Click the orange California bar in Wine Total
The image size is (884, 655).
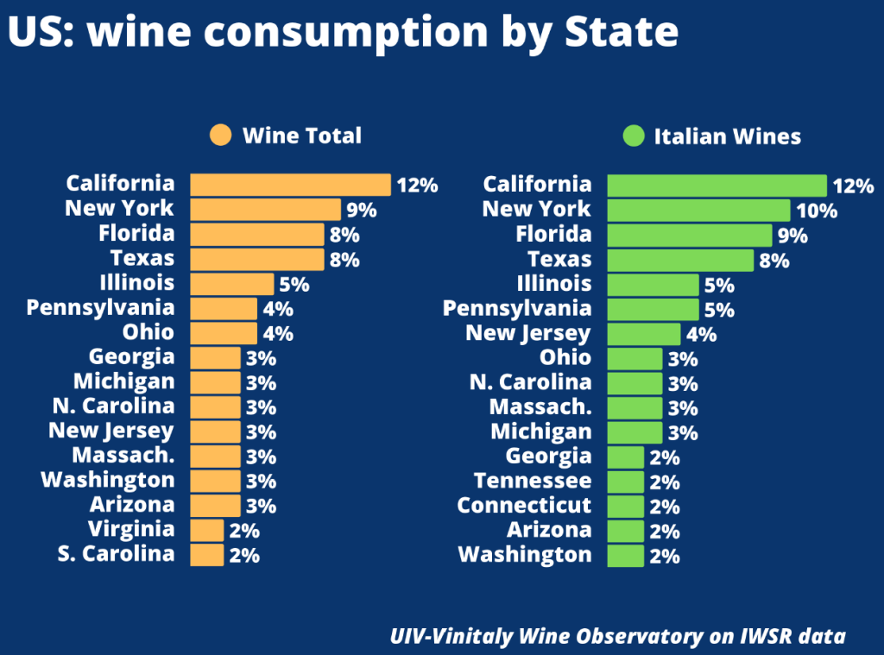pos(290,185)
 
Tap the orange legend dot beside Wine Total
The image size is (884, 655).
pos(221,135)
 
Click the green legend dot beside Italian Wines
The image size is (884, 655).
pos(633,136)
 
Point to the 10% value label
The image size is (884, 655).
pos(816,211)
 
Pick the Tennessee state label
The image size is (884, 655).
pos(533,481)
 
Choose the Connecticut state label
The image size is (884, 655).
pos(524,505)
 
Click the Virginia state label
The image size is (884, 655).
pos(131,529)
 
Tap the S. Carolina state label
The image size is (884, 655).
pos(116,554)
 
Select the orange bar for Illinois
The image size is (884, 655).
pos(231,283)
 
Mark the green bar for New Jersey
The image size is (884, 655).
pos(644,334)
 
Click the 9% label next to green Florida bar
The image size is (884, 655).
pos(792,236)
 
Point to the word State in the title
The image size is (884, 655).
pos(621,32)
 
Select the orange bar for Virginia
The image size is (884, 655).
pos(206,530)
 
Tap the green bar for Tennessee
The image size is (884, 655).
pos(626,482)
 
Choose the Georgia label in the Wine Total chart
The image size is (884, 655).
pos(131,357)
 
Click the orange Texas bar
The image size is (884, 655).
pos(256,259)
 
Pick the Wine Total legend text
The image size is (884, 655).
pos(301,135)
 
